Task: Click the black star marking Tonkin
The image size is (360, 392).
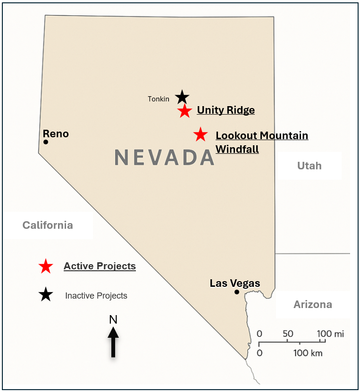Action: [182, 97]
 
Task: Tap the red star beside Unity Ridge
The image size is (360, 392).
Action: [184, 111]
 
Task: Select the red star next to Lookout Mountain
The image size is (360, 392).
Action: [201, 135]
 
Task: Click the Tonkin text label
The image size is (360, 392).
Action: [159, 99]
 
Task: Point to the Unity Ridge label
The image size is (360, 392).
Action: [226, 110]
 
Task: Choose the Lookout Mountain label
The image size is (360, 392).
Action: [262, 136]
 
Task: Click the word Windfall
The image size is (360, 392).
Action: [237, 149]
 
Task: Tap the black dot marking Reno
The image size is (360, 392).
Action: [46, 142]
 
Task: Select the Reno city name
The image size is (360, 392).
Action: [56, 134]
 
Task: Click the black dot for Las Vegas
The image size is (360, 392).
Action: [237, 292]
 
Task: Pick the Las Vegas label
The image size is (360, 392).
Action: [235, 284]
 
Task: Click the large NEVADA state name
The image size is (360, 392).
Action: [164, 158]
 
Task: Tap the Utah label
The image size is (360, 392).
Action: [309, 166]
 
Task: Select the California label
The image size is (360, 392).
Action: [48, 225]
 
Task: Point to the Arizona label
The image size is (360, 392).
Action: [312, 305]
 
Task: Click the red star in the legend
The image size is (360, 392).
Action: [46, 267]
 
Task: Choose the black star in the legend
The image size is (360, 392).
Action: [46, 295]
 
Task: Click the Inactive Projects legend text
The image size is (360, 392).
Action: [96, 296]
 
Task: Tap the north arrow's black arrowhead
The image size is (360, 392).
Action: [113, 332]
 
